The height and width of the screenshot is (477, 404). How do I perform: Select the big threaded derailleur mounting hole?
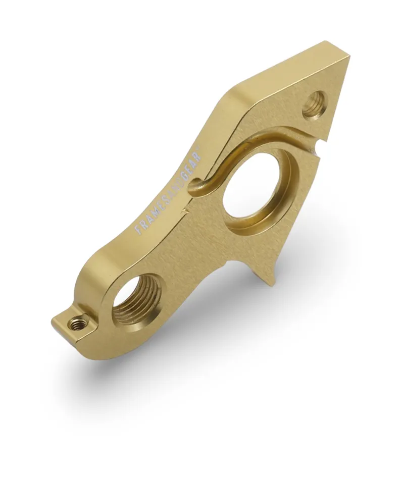click(x=136, y=298)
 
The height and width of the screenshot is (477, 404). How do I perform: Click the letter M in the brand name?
click(x=151, y=215)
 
